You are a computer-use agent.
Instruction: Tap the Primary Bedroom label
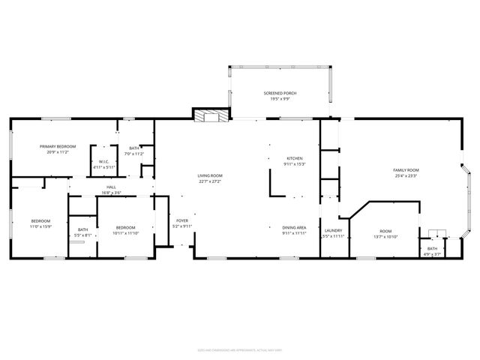[x=58, y=146]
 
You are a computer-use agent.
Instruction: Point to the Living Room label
[x=210, y=175]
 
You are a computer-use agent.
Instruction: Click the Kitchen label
[x=295, y=158]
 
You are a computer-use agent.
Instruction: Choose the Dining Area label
[x=295, y=227]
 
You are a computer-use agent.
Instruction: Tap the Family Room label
[x=406, y=170]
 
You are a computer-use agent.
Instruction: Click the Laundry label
[x=333, y=230]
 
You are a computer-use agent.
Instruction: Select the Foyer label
[x=182, y=220]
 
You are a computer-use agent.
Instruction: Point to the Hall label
[x=111, y=187]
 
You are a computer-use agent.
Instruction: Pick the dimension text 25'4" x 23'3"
[x=406, y=176]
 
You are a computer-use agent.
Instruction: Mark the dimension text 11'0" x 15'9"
[x=40, y=226]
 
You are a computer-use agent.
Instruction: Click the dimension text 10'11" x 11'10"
[x=125, y=233]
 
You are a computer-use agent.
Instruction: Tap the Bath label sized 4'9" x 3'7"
[x=432, y=248]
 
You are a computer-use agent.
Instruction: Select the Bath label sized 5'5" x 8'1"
[x=82, y=229]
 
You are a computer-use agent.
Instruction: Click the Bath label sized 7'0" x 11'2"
[x=134, y=148]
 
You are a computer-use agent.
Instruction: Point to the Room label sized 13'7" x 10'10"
[x=385, y=231]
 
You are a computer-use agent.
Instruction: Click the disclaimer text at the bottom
[x=239, y=349]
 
